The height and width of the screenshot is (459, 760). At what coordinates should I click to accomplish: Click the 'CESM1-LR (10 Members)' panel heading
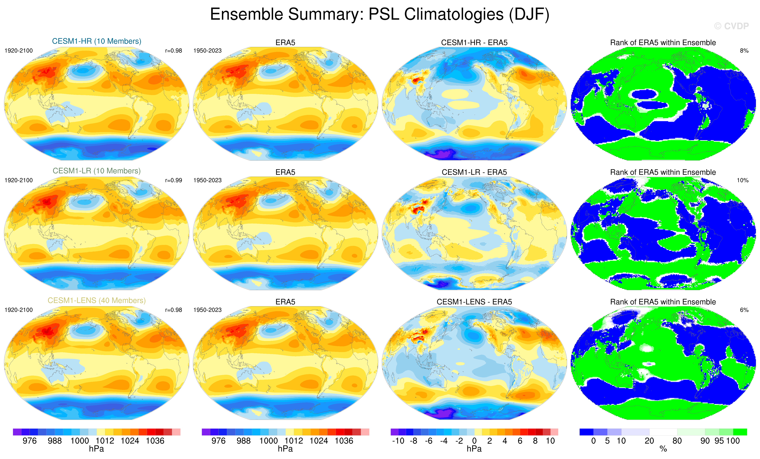pos(96,171)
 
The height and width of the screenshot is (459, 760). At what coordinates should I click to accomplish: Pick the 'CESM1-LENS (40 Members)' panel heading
pos(96,300)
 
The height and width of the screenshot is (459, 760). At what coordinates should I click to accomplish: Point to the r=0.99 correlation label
pos(173,180)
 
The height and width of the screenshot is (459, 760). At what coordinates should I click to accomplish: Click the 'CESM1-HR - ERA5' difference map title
pos(474,43)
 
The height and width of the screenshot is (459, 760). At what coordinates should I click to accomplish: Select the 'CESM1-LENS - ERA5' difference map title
pos(474,302)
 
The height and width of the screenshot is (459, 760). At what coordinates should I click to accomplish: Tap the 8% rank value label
pos(744,51)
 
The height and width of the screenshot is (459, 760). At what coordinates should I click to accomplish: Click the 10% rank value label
pos(742,180)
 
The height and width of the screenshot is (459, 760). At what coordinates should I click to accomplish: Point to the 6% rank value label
pos(744,310)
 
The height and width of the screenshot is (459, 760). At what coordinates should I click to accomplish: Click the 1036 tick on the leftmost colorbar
pos(155,441)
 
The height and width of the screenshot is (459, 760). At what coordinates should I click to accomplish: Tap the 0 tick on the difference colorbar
pos(474,441)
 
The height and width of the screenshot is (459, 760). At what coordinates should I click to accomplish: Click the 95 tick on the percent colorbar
pos(719,441)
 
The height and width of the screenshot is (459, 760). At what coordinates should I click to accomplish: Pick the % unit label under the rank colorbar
pos(663,449)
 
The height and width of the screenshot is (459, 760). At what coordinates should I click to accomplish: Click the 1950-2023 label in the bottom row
pos(207,310)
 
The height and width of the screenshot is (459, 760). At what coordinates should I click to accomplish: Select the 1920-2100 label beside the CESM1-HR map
pos(19,51)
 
